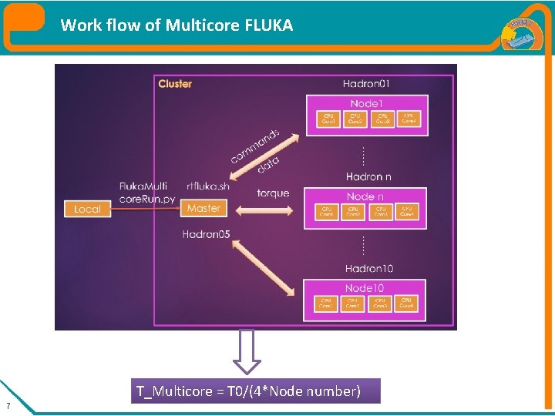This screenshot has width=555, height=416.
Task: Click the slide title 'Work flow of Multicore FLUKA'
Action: pyautogui.click(x=177, y=25)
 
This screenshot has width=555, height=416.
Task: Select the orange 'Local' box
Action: pyautogui.click(x=87, y=209)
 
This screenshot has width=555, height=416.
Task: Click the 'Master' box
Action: pyautogui.click(x=203, y=208)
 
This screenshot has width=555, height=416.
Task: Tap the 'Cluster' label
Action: pyautogui.click(x=175, y=83)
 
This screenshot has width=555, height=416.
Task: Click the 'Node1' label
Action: pyautogui.click(x=367, y=103)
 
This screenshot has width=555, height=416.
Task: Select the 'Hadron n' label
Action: pyautogui.click(x=368, y=177)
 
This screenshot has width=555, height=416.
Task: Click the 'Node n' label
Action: pyautogui.click(x=366, y=196)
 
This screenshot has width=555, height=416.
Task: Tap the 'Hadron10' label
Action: pyautogui.click(x=368, y=268)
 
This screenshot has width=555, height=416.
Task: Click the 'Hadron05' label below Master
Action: pyautogui.click(x=206, y=233)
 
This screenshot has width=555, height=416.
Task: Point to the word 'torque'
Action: pyautogui.click(x=273, y=193)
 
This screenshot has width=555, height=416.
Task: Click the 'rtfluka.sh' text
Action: pyautogui.click(x=208, y=186)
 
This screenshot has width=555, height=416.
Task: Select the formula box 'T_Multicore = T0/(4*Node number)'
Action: pyautogui.click(x=248, y=391)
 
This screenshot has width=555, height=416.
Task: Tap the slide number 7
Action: pyautogui.click(x=8, y=407)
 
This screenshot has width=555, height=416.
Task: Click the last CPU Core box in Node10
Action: pyautogui.click(x=406, y=304)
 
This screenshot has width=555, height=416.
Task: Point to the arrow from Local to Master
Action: pyautogui.click(x=144, y=207)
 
